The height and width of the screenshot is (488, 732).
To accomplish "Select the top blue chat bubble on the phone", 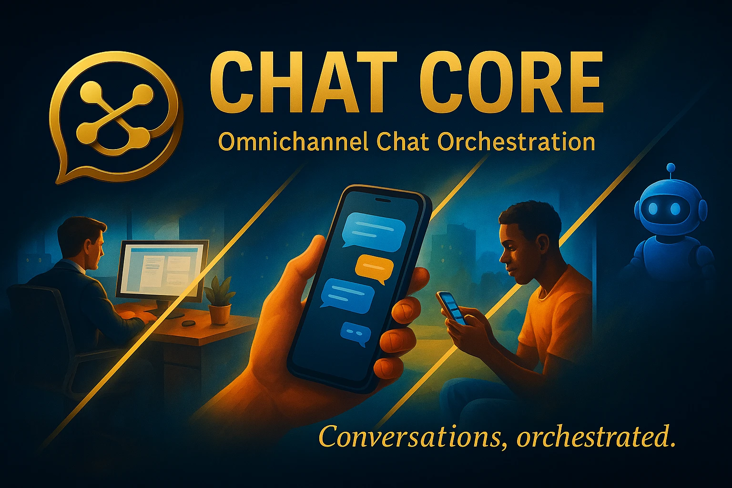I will point(374,229).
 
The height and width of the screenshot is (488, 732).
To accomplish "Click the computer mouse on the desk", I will point(188,323).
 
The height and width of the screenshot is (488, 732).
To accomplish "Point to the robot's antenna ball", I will point(671,168).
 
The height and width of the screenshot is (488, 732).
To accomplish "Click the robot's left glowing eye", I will point(653,208).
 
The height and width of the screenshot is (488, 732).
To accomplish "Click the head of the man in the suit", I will point(80,241).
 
